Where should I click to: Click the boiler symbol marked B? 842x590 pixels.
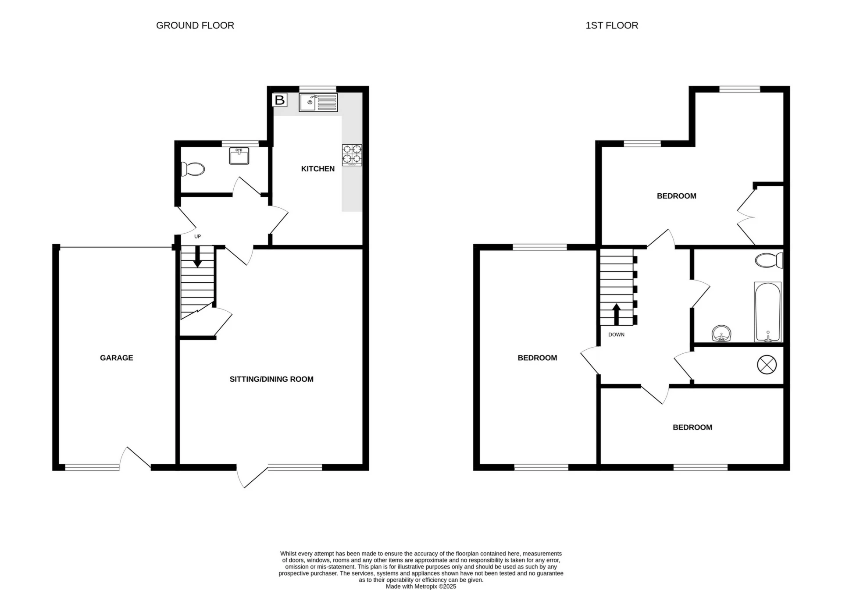click(x=279, y=100)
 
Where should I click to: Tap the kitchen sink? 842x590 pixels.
click(x=318, y=103)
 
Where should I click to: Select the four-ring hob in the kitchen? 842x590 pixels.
click(x=352, y=155)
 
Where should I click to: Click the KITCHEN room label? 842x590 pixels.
click(x=318, y=169)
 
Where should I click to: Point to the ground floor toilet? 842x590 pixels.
click(x=193, y=169)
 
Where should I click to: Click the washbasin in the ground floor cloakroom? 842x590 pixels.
click(x=239, y=156)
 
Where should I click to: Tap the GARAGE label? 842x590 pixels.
click(x=116, y=358)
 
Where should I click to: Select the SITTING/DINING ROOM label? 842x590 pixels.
click(x=271, y=379)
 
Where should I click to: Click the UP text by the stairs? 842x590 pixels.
click(x=197, y=237)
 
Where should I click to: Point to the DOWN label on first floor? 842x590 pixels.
click(x=616, y=334)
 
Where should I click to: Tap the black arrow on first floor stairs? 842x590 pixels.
click(x=616, y=314)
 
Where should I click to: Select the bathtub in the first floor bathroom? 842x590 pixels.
click(x=767, y=312)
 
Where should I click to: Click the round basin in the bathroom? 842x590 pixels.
click(x=721, y=334)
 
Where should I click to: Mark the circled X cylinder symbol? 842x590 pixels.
click(x=767, y=365)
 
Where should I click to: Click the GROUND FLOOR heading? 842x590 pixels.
click(x=195, y=25)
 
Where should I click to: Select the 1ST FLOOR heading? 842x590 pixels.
click(x=611, y=25)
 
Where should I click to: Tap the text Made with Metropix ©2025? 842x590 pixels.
click(x=421, y=586)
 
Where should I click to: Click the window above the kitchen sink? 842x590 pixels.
click(x=318, y=89)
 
